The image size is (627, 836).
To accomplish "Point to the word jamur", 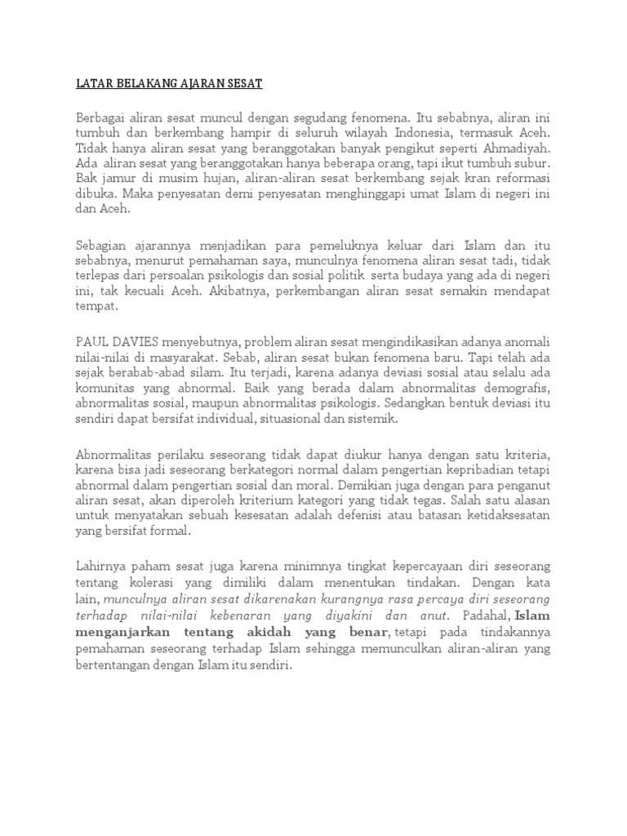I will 118,179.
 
